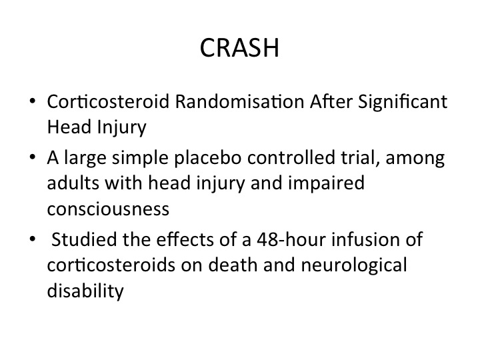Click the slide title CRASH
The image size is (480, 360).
click(x=239, y=48)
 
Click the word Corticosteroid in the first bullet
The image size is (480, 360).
click(x=108, y=101)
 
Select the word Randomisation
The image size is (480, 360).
click(x=240, y=101)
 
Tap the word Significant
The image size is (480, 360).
click(x=403, y=101)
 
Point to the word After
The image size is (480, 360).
click(x=331, y=101)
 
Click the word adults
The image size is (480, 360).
click(x=73, y=183)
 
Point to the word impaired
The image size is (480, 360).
click(x=326, y=184)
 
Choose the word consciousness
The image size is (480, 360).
click(x=108, y=209)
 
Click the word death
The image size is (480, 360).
click(x=233, y=265)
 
